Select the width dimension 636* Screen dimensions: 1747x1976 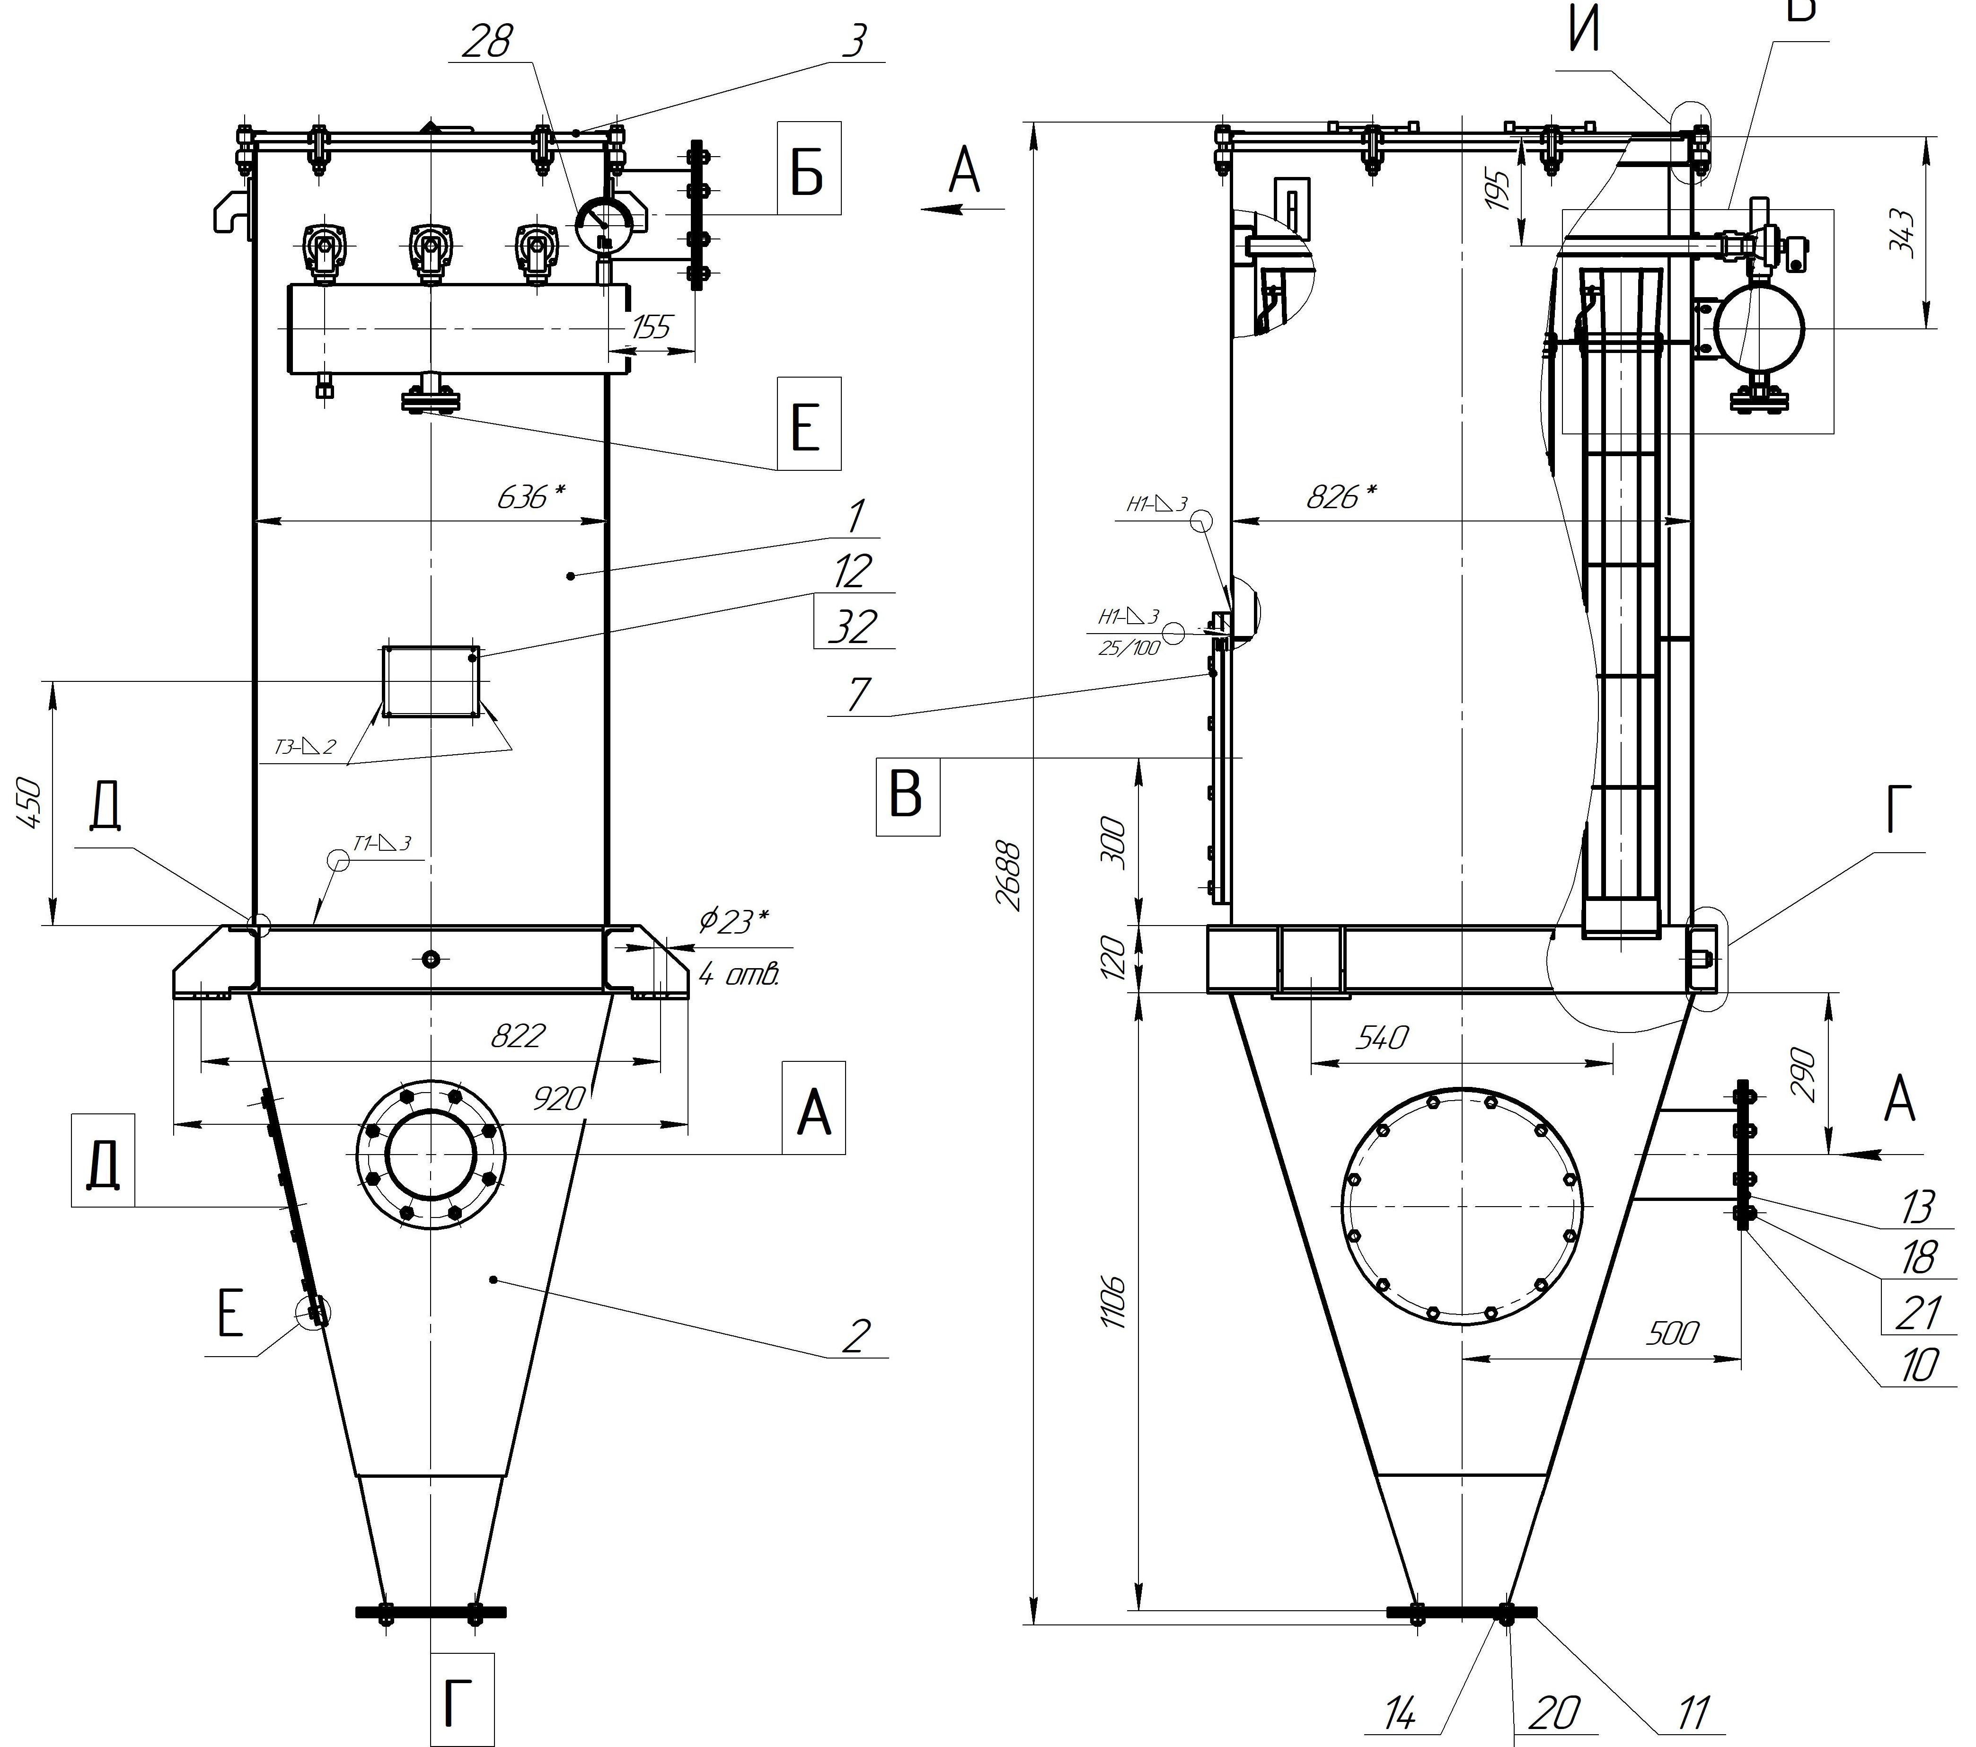[x=530, y=497]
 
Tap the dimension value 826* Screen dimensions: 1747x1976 [x=1341, y=497]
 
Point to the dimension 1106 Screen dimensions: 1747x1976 [x=1115, y=1301]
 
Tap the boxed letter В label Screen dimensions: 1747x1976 [x=907, y=794]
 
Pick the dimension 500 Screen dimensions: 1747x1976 [x=1671, y=1333]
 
